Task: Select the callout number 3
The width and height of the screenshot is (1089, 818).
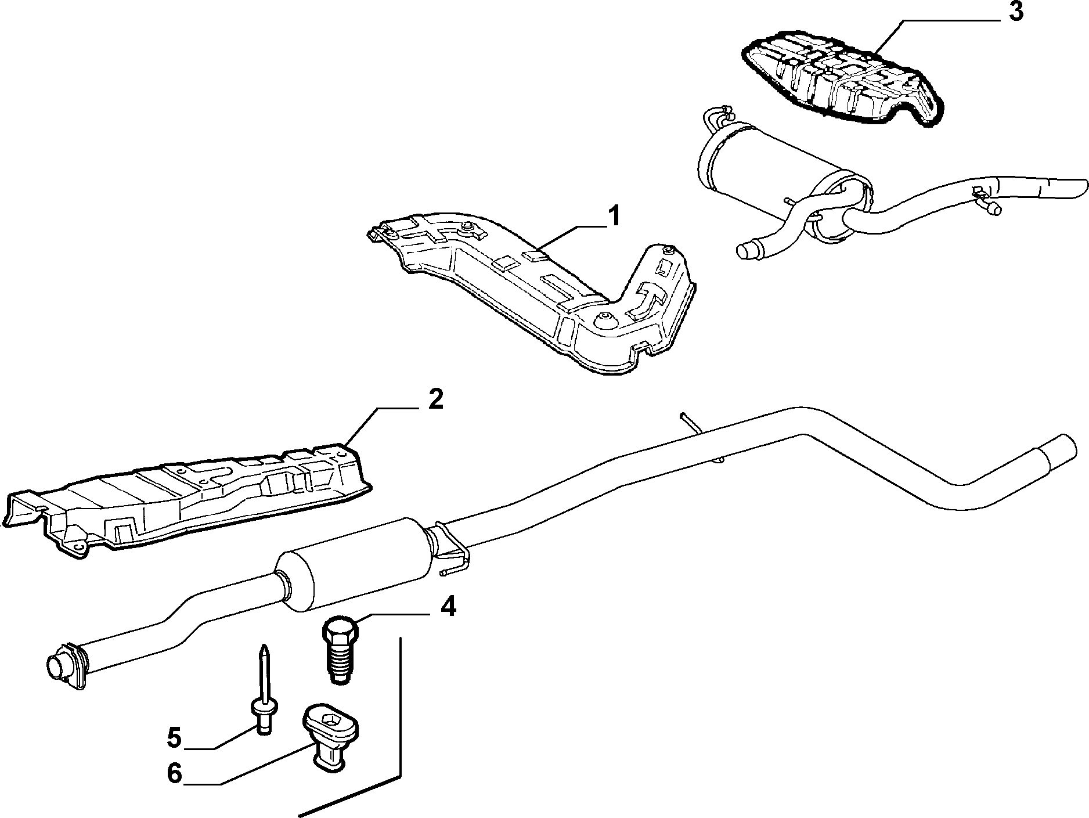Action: point(1015,12)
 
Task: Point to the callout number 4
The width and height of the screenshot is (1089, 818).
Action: point(448,608)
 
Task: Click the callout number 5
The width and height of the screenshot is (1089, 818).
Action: point(174,738)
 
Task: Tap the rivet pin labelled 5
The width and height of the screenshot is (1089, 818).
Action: point(264,690)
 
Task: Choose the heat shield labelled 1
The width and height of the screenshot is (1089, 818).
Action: point(534,290)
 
